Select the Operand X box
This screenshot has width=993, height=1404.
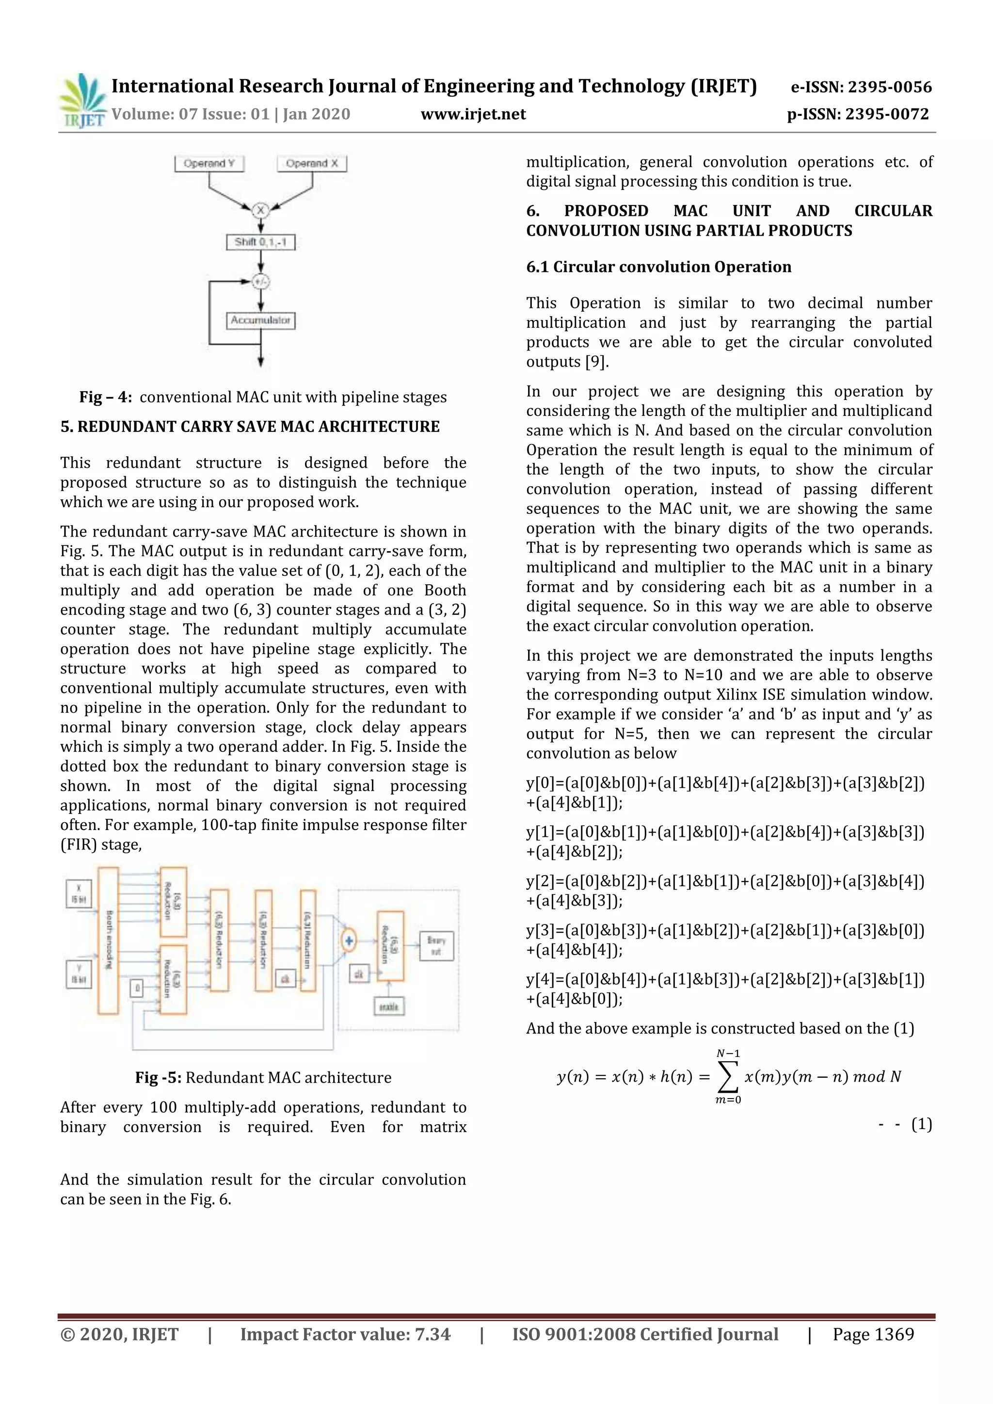[x=312, y=163]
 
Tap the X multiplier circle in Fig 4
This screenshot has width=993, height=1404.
[x=261, y=210]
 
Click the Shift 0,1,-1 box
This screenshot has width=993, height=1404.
[x=260, y=242]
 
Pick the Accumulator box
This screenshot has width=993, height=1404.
[x=260, y=320]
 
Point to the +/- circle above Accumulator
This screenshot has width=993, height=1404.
[x=261, y=281]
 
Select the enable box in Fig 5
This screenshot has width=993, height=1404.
[x=389, y=1006]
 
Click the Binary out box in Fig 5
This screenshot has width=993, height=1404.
[x=436, y=945]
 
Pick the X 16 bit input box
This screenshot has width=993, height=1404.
[x=78, y=893]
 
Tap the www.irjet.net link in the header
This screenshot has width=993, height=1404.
[x=473, y=114]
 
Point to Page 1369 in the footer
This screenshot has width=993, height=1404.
[x=873, y=1334]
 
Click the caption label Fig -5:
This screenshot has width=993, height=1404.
[x=158, y=1077]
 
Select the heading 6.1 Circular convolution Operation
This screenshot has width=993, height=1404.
[x=658, y=267]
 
